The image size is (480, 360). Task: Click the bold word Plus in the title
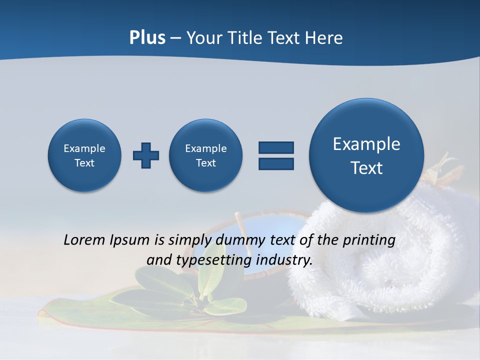click(147, 38)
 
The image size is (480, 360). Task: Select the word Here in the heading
click(325, 38)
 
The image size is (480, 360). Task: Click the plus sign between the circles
click(146, 155)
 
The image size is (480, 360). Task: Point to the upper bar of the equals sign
click(276, 147)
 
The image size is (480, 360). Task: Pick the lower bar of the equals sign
click(276, 163)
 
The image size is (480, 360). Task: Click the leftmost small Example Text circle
click(84, 155)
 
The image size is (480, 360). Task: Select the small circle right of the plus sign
click(206, 155)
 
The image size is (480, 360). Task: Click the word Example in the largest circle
click(366, 144)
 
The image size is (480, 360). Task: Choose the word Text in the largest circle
click(366, 168)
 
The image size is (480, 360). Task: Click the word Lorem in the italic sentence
click(85, 240)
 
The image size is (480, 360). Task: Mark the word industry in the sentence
click(285, 260)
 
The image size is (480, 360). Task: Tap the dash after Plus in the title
click(175, 38)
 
